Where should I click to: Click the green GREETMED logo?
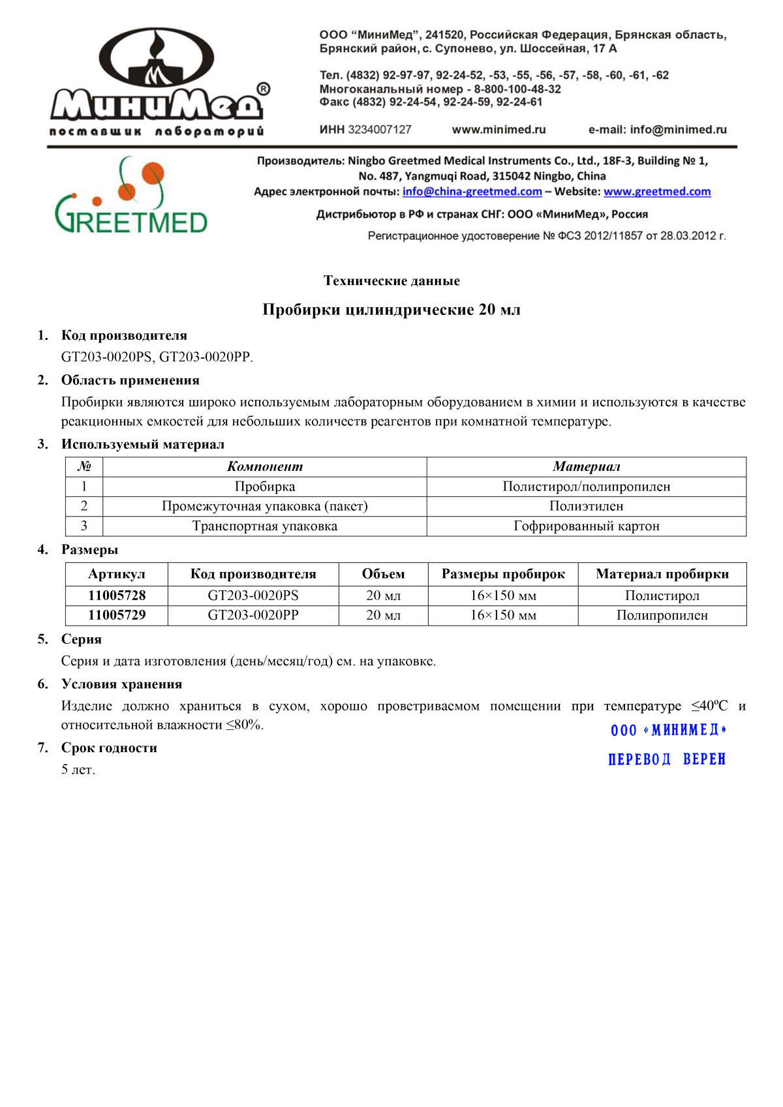130,196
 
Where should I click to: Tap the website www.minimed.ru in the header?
499,130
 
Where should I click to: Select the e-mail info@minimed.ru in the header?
657,130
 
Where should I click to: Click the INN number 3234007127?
380,130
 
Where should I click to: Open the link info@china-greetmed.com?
472,192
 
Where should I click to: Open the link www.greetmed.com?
656,192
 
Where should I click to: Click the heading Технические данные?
391,281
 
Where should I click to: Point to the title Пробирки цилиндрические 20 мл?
391,309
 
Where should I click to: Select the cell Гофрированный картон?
586,526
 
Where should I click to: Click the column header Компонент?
264,466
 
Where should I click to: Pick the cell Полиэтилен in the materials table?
586,506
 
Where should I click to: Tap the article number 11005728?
117,596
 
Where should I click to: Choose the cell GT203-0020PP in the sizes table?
253,615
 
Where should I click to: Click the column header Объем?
383,574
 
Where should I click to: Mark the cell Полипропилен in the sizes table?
662,615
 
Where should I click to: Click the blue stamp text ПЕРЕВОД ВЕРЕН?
666,759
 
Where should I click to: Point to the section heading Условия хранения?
121,684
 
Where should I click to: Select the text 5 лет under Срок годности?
78,770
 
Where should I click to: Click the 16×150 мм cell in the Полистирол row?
503,596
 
